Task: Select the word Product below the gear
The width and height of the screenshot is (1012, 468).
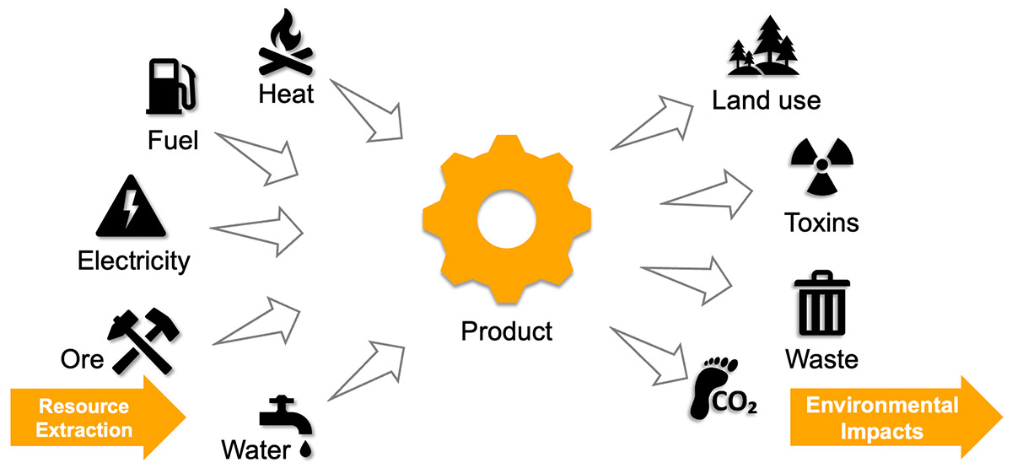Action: point(506,330)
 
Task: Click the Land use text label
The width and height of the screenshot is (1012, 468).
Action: point(766,101)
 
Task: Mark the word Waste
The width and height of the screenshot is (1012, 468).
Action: point(821,359)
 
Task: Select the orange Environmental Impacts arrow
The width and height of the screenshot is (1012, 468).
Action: point(894,418)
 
